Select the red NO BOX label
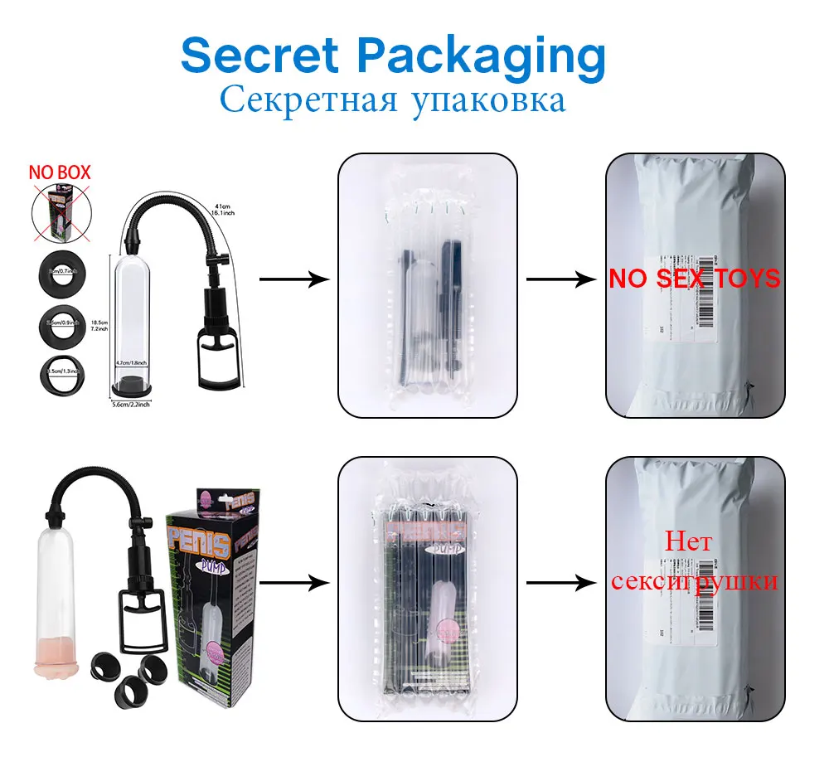[60, 173]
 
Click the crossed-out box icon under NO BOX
[59, 212]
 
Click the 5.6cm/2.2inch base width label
[132, 404]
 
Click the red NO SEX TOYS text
[695, 279]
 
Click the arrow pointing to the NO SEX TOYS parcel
[561, 280]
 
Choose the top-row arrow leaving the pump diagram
[294, 280]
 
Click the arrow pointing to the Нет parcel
[561, 584]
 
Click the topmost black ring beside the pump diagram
[59, 269]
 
